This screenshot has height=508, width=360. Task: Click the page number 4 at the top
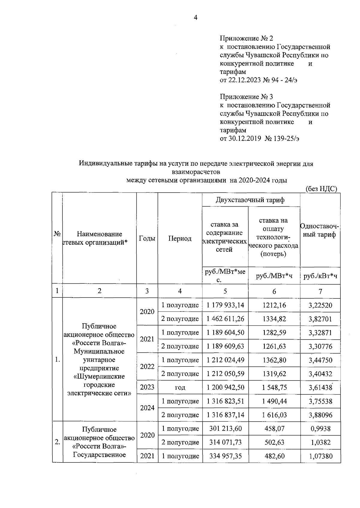tap(195, 18)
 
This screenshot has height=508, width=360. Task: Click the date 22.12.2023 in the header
tap(246, 80)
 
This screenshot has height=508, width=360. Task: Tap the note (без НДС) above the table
tap(321, 189)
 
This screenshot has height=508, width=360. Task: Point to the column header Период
tap(180, 238)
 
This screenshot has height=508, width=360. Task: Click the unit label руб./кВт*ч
tap(320, 276)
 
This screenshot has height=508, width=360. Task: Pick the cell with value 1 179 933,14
tap(225, 305)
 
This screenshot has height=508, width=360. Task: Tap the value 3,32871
tap(320, 333)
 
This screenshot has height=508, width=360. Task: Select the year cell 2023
tap(147, 387)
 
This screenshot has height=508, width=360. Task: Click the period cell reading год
tap(180, 387)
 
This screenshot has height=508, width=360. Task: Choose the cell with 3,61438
tap(320, 387)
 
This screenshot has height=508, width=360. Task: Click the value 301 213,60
tap(225, 429)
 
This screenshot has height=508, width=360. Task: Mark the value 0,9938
tap(320, 429)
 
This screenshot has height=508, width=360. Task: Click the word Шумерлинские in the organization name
tap(99, 376)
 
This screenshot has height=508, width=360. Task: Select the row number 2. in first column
tap(57, 442)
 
